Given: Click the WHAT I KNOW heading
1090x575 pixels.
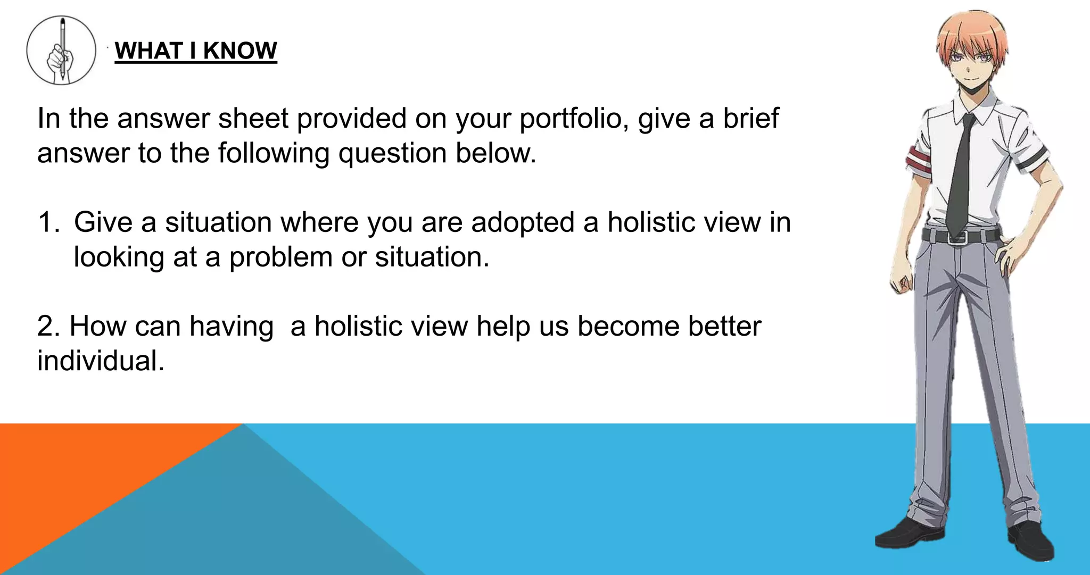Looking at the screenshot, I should click(196, 51).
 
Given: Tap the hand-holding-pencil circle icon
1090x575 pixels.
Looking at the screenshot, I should click(61, 50).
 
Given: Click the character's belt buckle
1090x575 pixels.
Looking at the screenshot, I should click(957, 237).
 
